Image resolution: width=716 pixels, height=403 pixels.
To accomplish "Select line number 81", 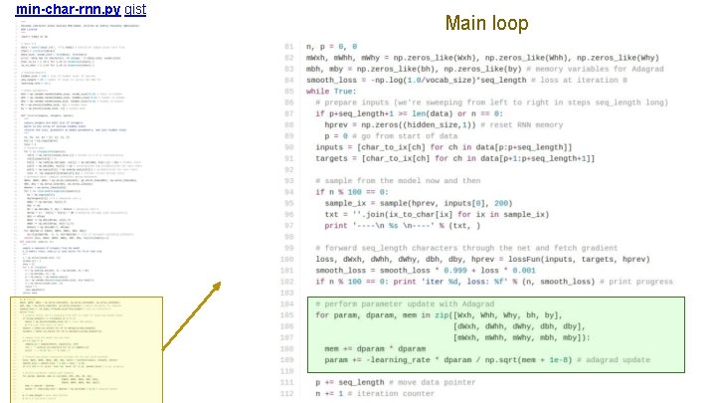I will click(x=288, y=47).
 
